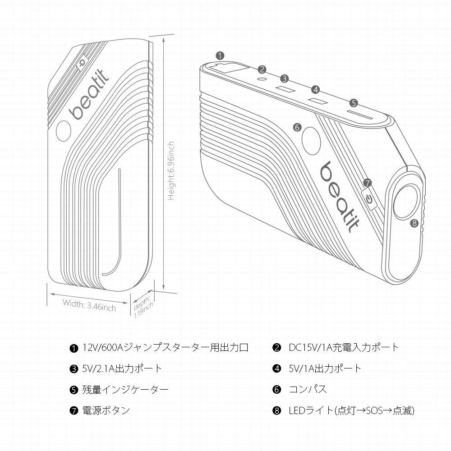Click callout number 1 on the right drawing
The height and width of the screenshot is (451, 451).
220,56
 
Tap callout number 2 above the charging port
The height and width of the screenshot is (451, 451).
262,69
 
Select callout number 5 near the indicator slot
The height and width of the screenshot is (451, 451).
354,103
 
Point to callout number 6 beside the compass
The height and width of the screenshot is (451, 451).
297,127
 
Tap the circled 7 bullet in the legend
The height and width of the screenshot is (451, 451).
73,411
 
